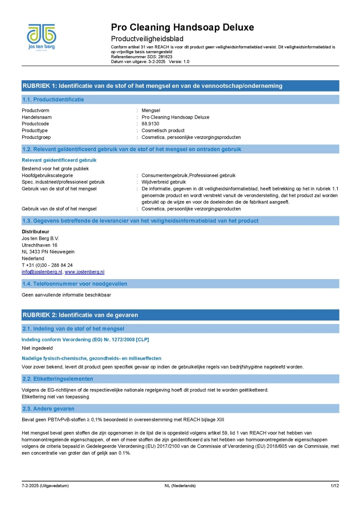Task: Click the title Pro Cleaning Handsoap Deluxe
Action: point(182,27)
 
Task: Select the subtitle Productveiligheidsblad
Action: point(147,39)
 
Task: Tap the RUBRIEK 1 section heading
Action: point(152,86)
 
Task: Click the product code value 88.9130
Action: point(151,124)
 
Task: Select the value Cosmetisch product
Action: point(163,130)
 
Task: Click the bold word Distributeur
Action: point(36,232)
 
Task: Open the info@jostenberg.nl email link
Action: point(42,272)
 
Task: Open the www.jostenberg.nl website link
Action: point(84,272)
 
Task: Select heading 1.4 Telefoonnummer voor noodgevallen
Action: point(75,284)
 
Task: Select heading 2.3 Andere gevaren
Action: point(49,408)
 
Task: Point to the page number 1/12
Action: point(335,486)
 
